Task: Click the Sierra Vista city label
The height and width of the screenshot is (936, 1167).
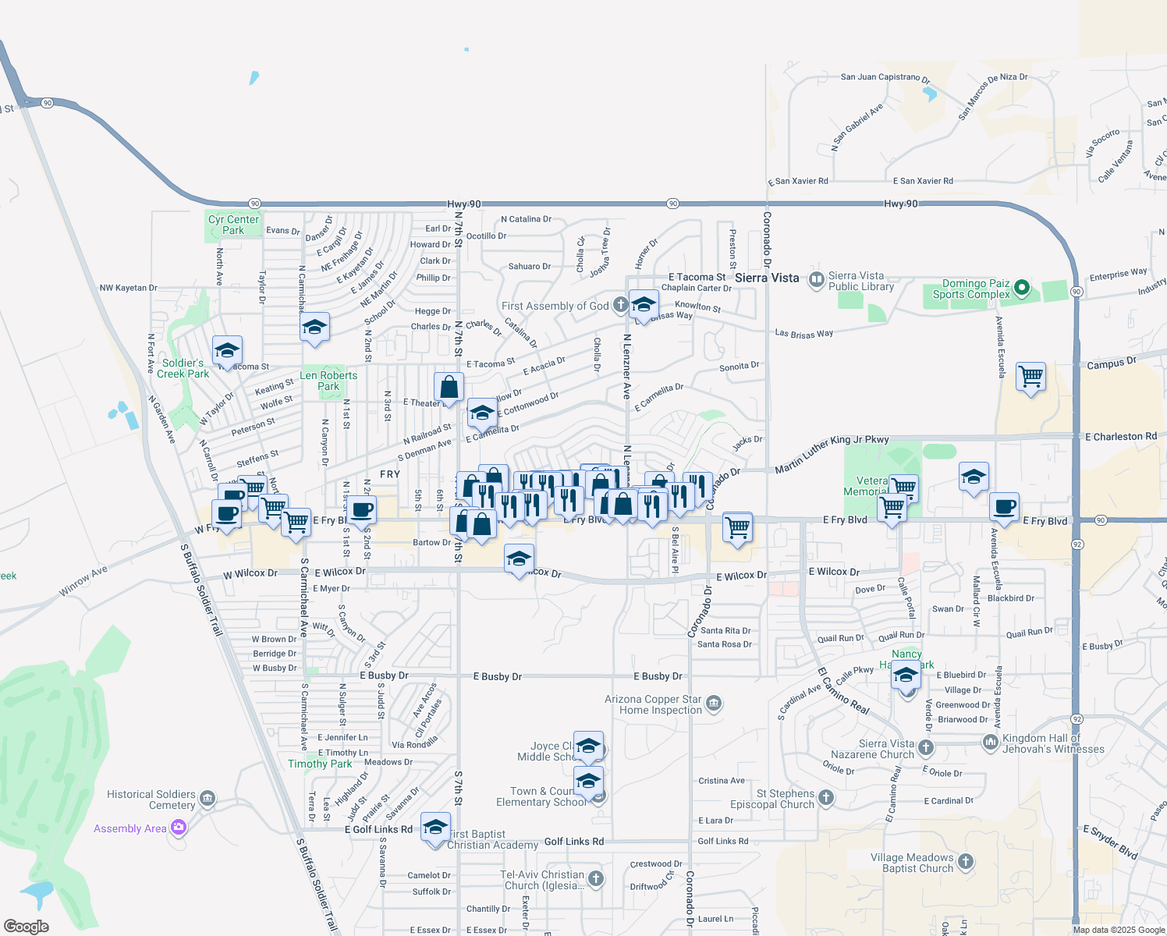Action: [x=767, y=278]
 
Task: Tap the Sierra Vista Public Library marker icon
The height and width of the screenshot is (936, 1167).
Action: [x=817, y=279]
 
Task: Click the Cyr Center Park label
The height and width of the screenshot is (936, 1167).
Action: [x=233, y=225]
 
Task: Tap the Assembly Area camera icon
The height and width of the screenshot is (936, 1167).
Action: [x=179, y=828]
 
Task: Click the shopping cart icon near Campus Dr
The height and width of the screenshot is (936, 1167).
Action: [x=1030, y=377]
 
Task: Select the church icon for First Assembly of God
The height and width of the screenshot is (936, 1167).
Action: [x=620, y=304]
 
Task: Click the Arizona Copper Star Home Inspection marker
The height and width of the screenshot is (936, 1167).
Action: [x=714, y=705]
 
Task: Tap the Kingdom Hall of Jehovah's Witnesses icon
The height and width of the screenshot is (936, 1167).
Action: [x=991, y=742]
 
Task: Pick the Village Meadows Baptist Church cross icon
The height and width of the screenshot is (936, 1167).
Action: [x=966, y=862]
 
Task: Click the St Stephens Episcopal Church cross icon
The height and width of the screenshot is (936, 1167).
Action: [x=826, y=798]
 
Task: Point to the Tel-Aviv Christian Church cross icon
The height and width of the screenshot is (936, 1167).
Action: [x=596, y=879]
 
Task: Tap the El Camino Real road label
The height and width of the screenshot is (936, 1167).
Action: [x=843, y=691]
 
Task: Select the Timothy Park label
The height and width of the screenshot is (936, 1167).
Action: [x=320, y=764]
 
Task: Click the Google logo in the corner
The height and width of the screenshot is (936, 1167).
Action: [x=27, y=927]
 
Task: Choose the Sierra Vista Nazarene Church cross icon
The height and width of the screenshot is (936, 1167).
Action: [x=926, y=748]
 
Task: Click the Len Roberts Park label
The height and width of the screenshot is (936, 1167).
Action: [x=328, y=381]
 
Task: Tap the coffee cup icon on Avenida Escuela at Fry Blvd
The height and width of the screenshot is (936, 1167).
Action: [x=1005, y=507]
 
